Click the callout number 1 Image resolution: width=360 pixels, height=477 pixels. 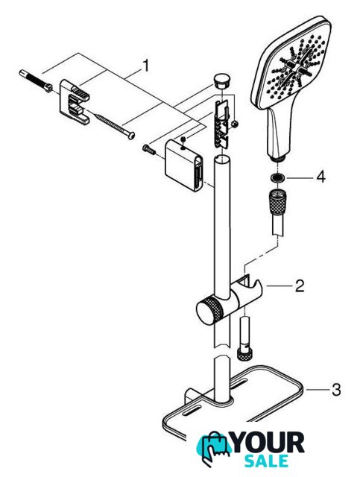pyautogui.click(x=146, y=66)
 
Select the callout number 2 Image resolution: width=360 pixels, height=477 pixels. pyautogui.click(x=300, y=286)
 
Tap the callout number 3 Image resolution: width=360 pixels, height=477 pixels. pyautogui.click(x=336, y=390)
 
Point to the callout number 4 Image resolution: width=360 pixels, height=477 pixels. pyautogui.click(x=320, y=177)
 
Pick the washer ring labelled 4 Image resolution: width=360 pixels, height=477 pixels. pyautogui.click(x=277, y=177)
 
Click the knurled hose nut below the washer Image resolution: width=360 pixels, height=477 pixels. pyautogui.click(x=277, y=202)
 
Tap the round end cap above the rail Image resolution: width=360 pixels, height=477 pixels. pyautogui.click(x=222, y=80)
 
